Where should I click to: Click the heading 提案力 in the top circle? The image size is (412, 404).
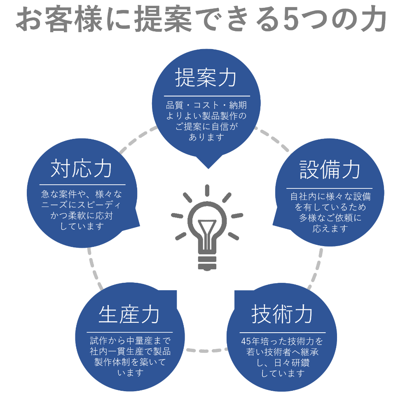point(206,78)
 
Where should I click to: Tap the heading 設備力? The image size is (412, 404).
point(330,170)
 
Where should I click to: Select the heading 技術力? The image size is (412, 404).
point(282,315)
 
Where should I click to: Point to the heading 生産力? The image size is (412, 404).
point(129,315)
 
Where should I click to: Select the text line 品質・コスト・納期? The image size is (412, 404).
point(206,105)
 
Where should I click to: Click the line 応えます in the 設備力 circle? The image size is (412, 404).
point(330,228)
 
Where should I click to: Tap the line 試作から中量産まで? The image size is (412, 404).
point(130,341)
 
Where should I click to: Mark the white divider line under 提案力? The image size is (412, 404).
point(206,96)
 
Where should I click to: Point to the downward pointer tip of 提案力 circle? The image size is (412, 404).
point(208,167)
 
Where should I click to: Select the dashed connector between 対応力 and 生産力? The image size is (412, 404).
point(94,268)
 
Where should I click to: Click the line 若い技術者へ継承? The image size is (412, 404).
point(283,352)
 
